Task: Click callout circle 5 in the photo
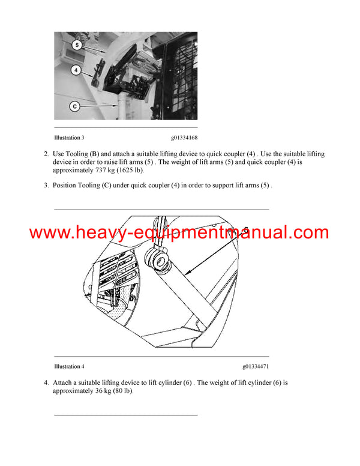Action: (x=77, y=44)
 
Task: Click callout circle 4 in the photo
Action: (x=76, y=70)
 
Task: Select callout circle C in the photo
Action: (x=75, y=106)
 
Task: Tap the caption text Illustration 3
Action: (x=69, y=138)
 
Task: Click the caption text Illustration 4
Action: (x=69, y=366)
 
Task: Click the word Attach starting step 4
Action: (x=64, y=383)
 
